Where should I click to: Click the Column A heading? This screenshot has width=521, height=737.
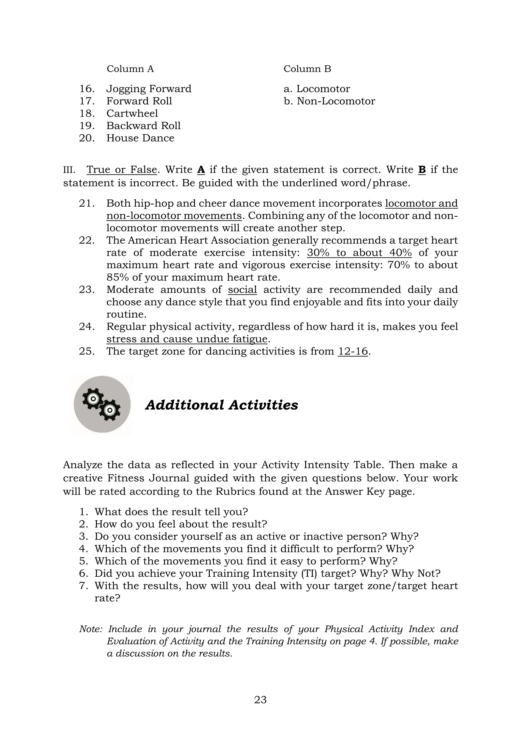click(x=130, y=69)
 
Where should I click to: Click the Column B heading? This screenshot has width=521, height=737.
click(x=307, y=69)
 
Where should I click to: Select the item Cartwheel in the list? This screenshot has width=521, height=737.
click(x=132, y=113)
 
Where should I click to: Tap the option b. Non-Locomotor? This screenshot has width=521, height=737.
click(x=329, y=101)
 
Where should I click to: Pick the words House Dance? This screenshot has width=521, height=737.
click(x=140, y=138)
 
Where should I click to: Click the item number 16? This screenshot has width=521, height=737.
click(x=86, y=89)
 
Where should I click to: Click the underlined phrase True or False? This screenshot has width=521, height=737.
click(x=122, y=169)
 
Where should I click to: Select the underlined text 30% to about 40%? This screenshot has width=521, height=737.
click(x=359, y=253)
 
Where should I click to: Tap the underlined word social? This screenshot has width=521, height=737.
click(x=242, y=290)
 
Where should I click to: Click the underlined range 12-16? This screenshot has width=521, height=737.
click(x=353, y=351)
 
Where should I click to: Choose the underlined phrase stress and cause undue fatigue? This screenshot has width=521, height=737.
click(x=187, y=339)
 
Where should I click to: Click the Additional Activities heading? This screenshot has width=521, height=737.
click(x=222, y=405)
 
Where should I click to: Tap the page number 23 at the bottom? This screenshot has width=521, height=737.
click(x=260, y=699)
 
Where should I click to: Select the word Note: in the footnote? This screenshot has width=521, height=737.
click(x=91, y=629)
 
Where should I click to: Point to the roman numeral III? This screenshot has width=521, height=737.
click(x=69, y=170)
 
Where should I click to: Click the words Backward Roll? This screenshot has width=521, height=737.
click(x=143, y=125)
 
